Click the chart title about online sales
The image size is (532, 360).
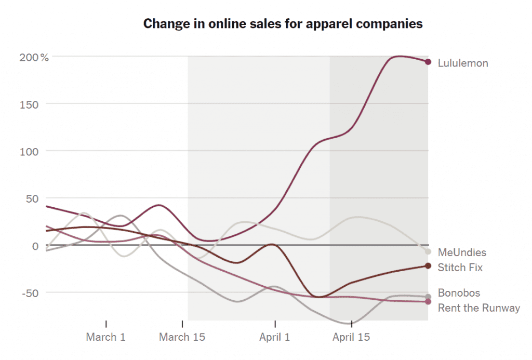(283, 24)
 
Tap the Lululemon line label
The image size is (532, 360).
(463, 63)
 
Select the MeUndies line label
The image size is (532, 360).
(462, 252)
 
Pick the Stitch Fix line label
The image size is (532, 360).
(460, 268)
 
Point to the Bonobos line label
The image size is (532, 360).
(459, 293)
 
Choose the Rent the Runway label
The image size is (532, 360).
(478, 308)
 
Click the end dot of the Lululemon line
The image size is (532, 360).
(428, 62)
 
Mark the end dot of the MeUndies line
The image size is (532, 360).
(428, 252)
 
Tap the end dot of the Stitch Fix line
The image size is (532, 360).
(428, 266)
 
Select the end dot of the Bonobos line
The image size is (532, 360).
(428, 297)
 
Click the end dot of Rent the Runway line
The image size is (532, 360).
(428, 302)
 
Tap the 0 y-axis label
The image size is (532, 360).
(35, 246)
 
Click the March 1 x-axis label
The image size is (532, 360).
(106, 337)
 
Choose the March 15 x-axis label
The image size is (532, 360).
(182, 337)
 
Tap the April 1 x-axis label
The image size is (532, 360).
(275, 337)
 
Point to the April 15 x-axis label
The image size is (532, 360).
(351, 337)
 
